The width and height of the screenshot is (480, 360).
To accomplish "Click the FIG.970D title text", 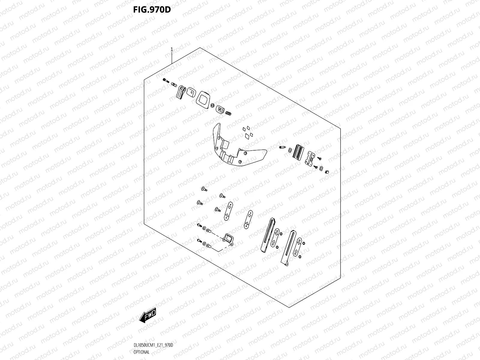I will [x=152, y=10].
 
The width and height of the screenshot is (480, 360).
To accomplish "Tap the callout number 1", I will [x=172, y=49].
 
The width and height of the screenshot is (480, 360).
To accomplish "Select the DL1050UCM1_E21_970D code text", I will [x=153, y=345].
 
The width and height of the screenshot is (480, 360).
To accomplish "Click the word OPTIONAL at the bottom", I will [x=141, y=352].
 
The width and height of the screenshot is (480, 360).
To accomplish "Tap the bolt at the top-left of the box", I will [x=165, y=80].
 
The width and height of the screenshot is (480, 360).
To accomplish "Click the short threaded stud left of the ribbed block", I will [x=282, y=148].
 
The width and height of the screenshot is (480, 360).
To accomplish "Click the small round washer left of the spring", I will [x=212, y=106].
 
